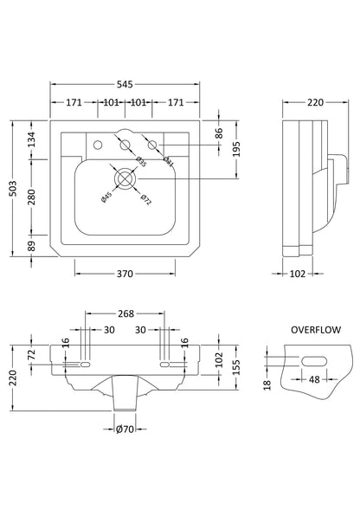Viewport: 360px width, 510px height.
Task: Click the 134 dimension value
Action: pos(33,138)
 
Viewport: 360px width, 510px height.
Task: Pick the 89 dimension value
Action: pos(33,246)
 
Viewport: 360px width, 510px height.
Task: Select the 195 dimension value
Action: pos(235,150)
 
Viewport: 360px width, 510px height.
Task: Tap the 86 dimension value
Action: pos(219,134)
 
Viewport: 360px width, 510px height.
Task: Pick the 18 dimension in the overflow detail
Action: pos(269,382)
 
